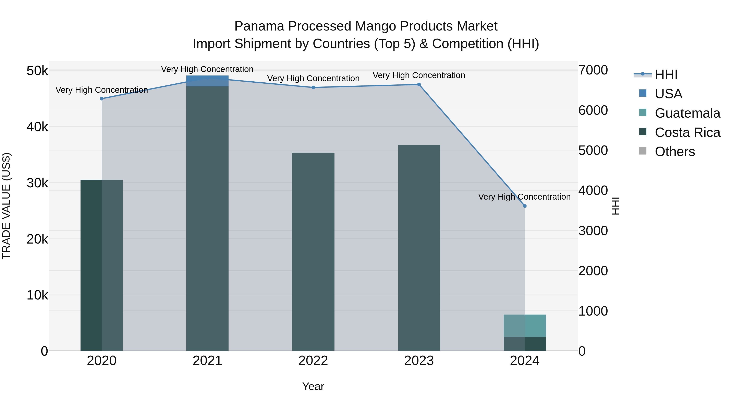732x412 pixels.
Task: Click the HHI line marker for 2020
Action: point(102,99)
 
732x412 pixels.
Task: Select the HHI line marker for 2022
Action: point(313,87)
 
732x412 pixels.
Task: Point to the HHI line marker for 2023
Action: point(419,84)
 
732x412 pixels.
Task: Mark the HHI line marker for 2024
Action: point(525,206)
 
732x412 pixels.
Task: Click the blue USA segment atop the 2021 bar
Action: point(207,81)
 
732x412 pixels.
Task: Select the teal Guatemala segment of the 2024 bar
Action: point(525,326)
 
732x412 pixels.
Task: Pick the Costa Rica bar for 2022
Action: point(313,252)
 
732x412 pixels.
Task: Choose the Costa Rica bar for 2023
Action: point(419,247)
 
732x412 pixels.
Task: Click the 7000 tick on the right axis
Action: point(593,70)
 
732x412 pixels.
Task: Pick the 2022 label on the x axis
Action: point(313,361)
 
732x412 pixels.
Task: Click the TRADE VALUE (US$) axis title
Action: point(6,206)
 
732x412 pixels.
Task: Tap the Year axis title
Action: point(313,386)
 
